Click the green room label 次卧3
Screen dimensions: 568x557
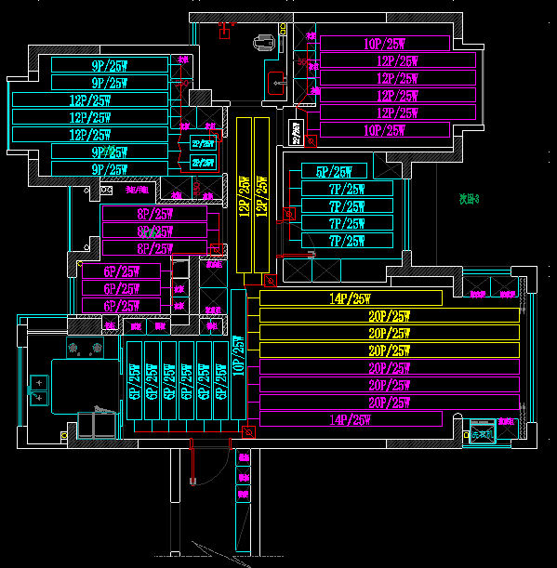469,198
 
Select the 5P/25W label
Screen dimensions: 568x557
334,172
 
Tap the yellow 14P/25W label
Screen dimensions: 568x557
350,298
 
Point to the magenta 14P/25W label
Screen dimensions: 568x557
350,420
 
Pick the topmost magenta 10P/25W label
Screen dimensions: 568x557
384,44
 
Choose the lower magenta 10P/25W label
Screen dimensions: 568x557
384,130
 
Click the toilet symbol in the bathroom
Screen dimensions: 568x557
264,42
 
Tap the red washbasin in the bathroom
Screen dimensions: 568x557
277,83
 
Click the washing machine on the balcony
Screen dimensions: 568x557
483,434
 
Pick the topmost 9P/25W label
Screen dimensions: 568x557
110,66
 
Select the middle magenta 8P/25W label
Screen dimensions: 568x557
154,231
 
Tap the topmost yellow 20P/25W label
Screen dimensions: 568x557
389,316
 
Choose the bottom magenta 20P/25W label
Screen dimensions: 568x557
389,403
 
